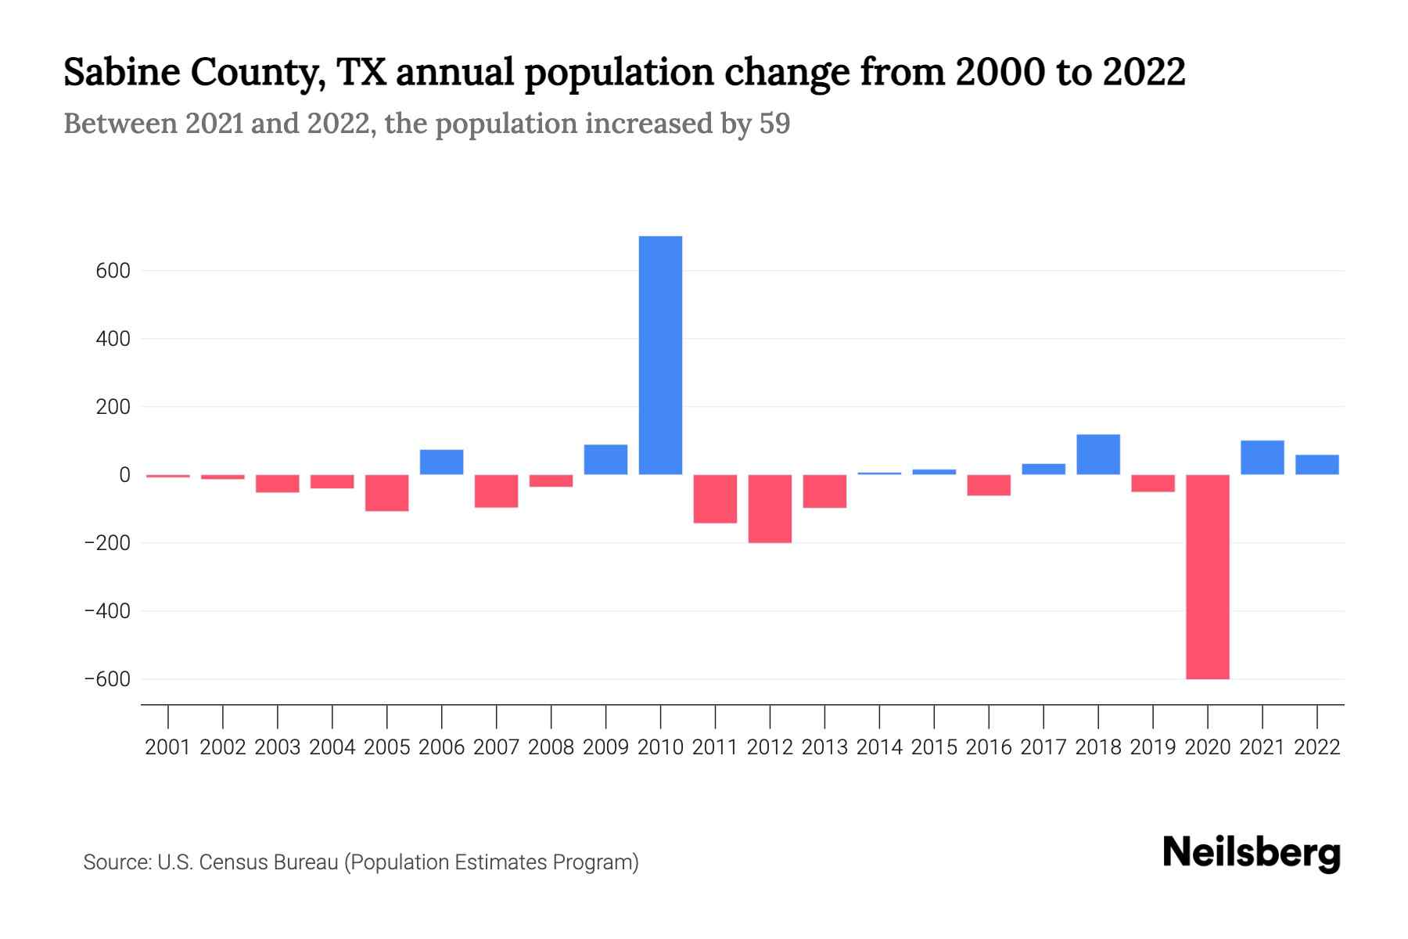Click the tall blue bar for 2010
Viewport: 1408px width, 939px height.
(660, 355)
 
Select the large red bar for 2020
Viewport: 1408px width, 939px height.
(1207, 577)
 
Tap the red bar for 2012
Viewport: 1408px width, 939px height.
(770, 509)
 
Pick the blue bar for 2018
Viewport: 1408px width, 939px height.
(1098, 455)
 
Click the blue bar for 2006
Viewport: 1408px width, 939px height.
(441, 462)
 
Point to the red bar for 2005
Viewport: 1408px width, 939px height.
(386, 493)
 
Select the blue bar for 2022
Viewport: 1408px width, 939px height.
(1316, 465)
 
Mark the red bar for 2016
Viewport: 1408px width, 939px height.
(989, 485)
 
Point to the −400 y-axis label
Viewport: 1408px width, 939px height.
(107, 611)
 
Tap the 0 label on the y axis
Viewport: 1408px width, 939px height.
(124, 475)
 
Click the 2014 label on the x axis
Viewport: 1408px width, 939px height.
(879, 747)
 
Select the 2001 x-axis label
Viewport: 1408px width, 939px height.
(168, 747)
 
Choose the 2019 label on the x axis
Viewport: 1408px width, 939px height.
(1153, 747)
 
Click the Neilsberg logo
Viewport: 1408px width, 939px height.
(1252, 853)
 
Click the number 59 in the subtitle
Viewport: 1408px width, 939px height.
(774, 124)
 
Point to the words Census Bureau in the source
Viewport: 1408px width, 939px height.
(269, 862)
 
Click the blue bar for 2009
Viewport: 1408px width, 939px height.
(605, 460)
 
